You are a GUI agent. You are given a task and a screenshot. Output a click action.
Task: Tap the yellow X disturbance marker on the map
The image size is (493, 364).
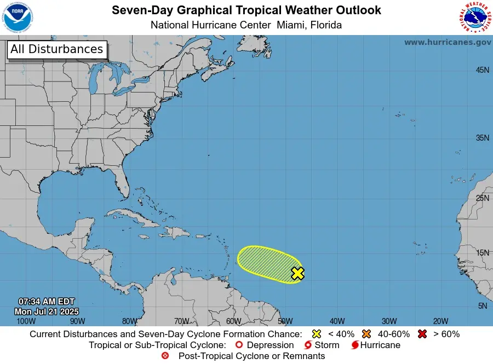tap(297, 273)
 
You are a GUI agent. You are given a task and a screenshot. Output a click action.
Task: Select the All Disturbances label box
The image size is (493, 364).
tap(56, 49)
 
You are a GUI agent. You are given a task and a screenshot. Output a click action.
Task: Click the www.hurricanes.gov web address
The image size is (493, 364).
tap(448, 42)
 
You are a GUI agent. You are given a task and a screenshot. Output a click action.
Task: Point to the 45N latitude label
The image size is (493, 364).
tap(482, 70)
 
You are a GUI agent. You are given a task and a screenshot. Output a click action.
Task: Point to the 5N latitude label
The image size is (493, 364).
tap(483, 306)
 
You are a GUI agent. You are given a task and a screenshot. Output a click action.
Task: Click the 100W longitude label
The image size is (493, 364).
tap(26, 321)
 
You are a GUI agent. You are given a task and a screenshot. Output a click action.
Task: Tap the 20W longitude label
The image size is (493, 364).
tap(440, 321)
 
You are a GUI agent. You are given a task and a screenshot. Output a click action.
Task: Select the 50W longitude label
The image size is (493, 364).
tap(284, 321)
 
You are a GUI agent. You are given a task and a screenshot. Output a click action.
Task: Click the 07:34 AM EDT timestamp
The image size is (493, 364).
tap(47, 302)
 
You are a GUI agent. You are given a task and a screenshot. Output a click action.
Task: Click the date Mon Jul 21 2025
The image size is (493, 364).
tap(47, 311)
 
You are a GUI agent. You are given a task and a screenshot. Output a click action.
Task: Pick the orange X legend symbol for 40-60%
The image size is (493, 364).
tap(366, 334)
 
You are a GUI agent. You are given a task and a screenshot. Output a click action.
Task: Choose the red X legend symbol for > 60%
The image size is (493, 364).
tap(423, 334)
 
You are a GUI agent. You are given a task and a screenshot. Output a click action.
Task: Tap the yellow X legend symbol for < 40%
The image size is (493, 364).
tap(316, 334)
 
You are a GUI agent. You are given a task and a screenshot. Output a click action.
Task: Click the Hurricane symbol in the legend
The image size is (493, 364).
tap(355, 345)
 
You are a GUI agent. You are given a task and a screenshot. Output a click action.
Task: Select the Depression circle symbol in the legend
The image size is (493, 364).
tap(238, 345)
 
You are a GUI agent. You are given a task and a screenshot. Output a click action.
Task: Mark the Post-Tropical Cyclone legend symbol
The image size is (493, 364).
tap(165, 356)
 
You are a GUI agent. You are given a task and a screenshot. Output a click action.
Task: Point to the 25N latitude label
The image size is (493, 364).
tap(482, 198)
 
